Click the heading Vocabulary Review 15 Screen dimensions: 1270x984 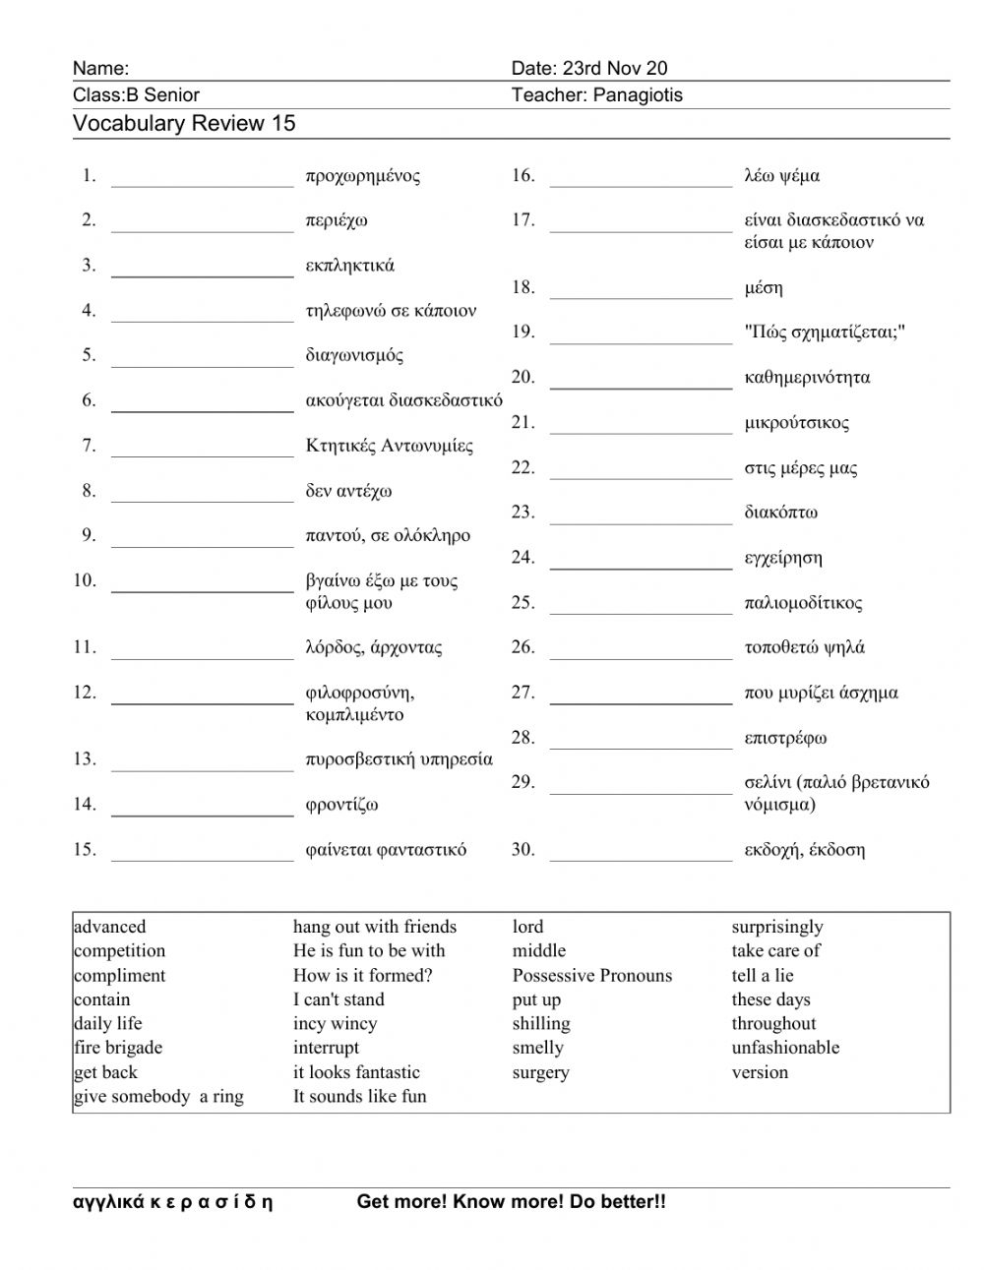point(184,124)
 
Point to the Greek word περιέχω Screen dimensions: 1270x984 point(337,220)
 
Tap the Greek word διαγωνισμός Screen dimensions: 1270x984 point(354,355)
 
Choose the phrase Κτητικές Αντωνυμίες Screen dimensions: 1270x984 point(390,446)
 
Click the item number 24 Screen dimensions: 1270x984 point(523,558)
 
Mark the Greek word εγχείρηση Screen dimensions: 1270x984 point(783,558)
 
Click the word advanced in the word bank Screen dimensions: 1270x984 point(109,927)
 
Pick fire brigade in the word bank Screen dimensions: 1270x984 point(118,1048)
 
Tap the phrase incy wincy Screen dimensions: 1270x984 point(335,1023)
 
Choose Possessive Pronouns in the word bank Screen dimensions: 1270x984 point(592,976)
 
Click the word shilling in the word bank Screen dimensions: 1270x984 point(541,1023)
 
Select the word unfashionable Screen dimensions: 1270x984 point(785,1048)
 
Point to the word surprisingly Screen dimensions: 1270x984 point(777,927)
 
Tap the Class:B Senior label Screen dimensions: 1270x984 point(136,95)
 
